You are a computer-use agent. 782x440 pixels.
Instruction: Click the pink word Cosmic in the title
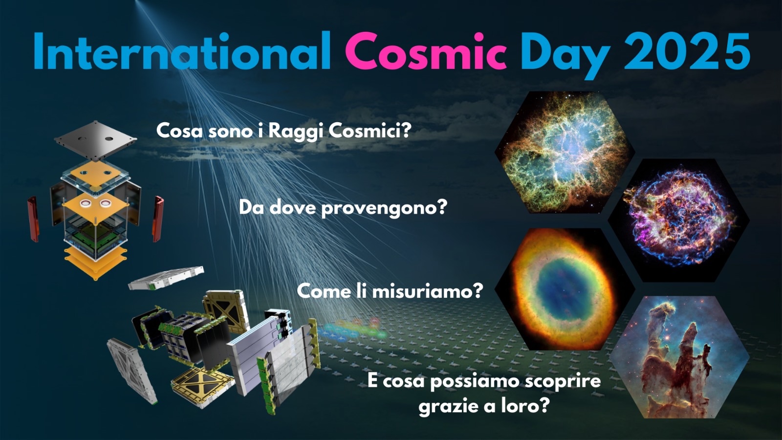point(426,52)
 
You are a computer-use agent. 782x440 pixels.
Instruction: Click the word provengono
point(384,209)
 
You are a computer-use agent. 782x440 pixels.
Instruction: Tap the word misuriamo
point(428,291)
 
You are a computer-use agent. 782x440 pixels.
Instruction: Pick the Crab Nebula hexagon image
point(565,152)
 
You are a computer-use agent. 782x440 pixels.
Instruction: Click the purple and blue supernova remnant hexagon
point(679,220)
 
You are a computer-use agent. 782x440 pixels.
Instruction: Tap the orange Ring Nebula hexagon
point(565,289)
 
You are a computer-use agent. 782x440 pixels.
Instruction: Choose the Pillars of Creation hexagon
point(679,357)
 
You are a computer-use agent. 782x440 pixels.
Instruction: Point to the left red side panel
point(33,219)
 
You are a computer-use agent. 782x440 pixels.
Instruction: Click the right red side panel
point(158,219)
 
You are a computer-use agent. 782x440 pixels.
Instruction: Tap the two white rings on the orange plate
point(95,203)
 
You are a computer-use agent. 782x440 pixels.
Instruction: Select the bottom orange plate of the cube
point(96,263)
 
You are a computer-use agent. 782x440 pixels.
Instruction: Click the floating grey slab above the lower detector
point(166,278)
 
